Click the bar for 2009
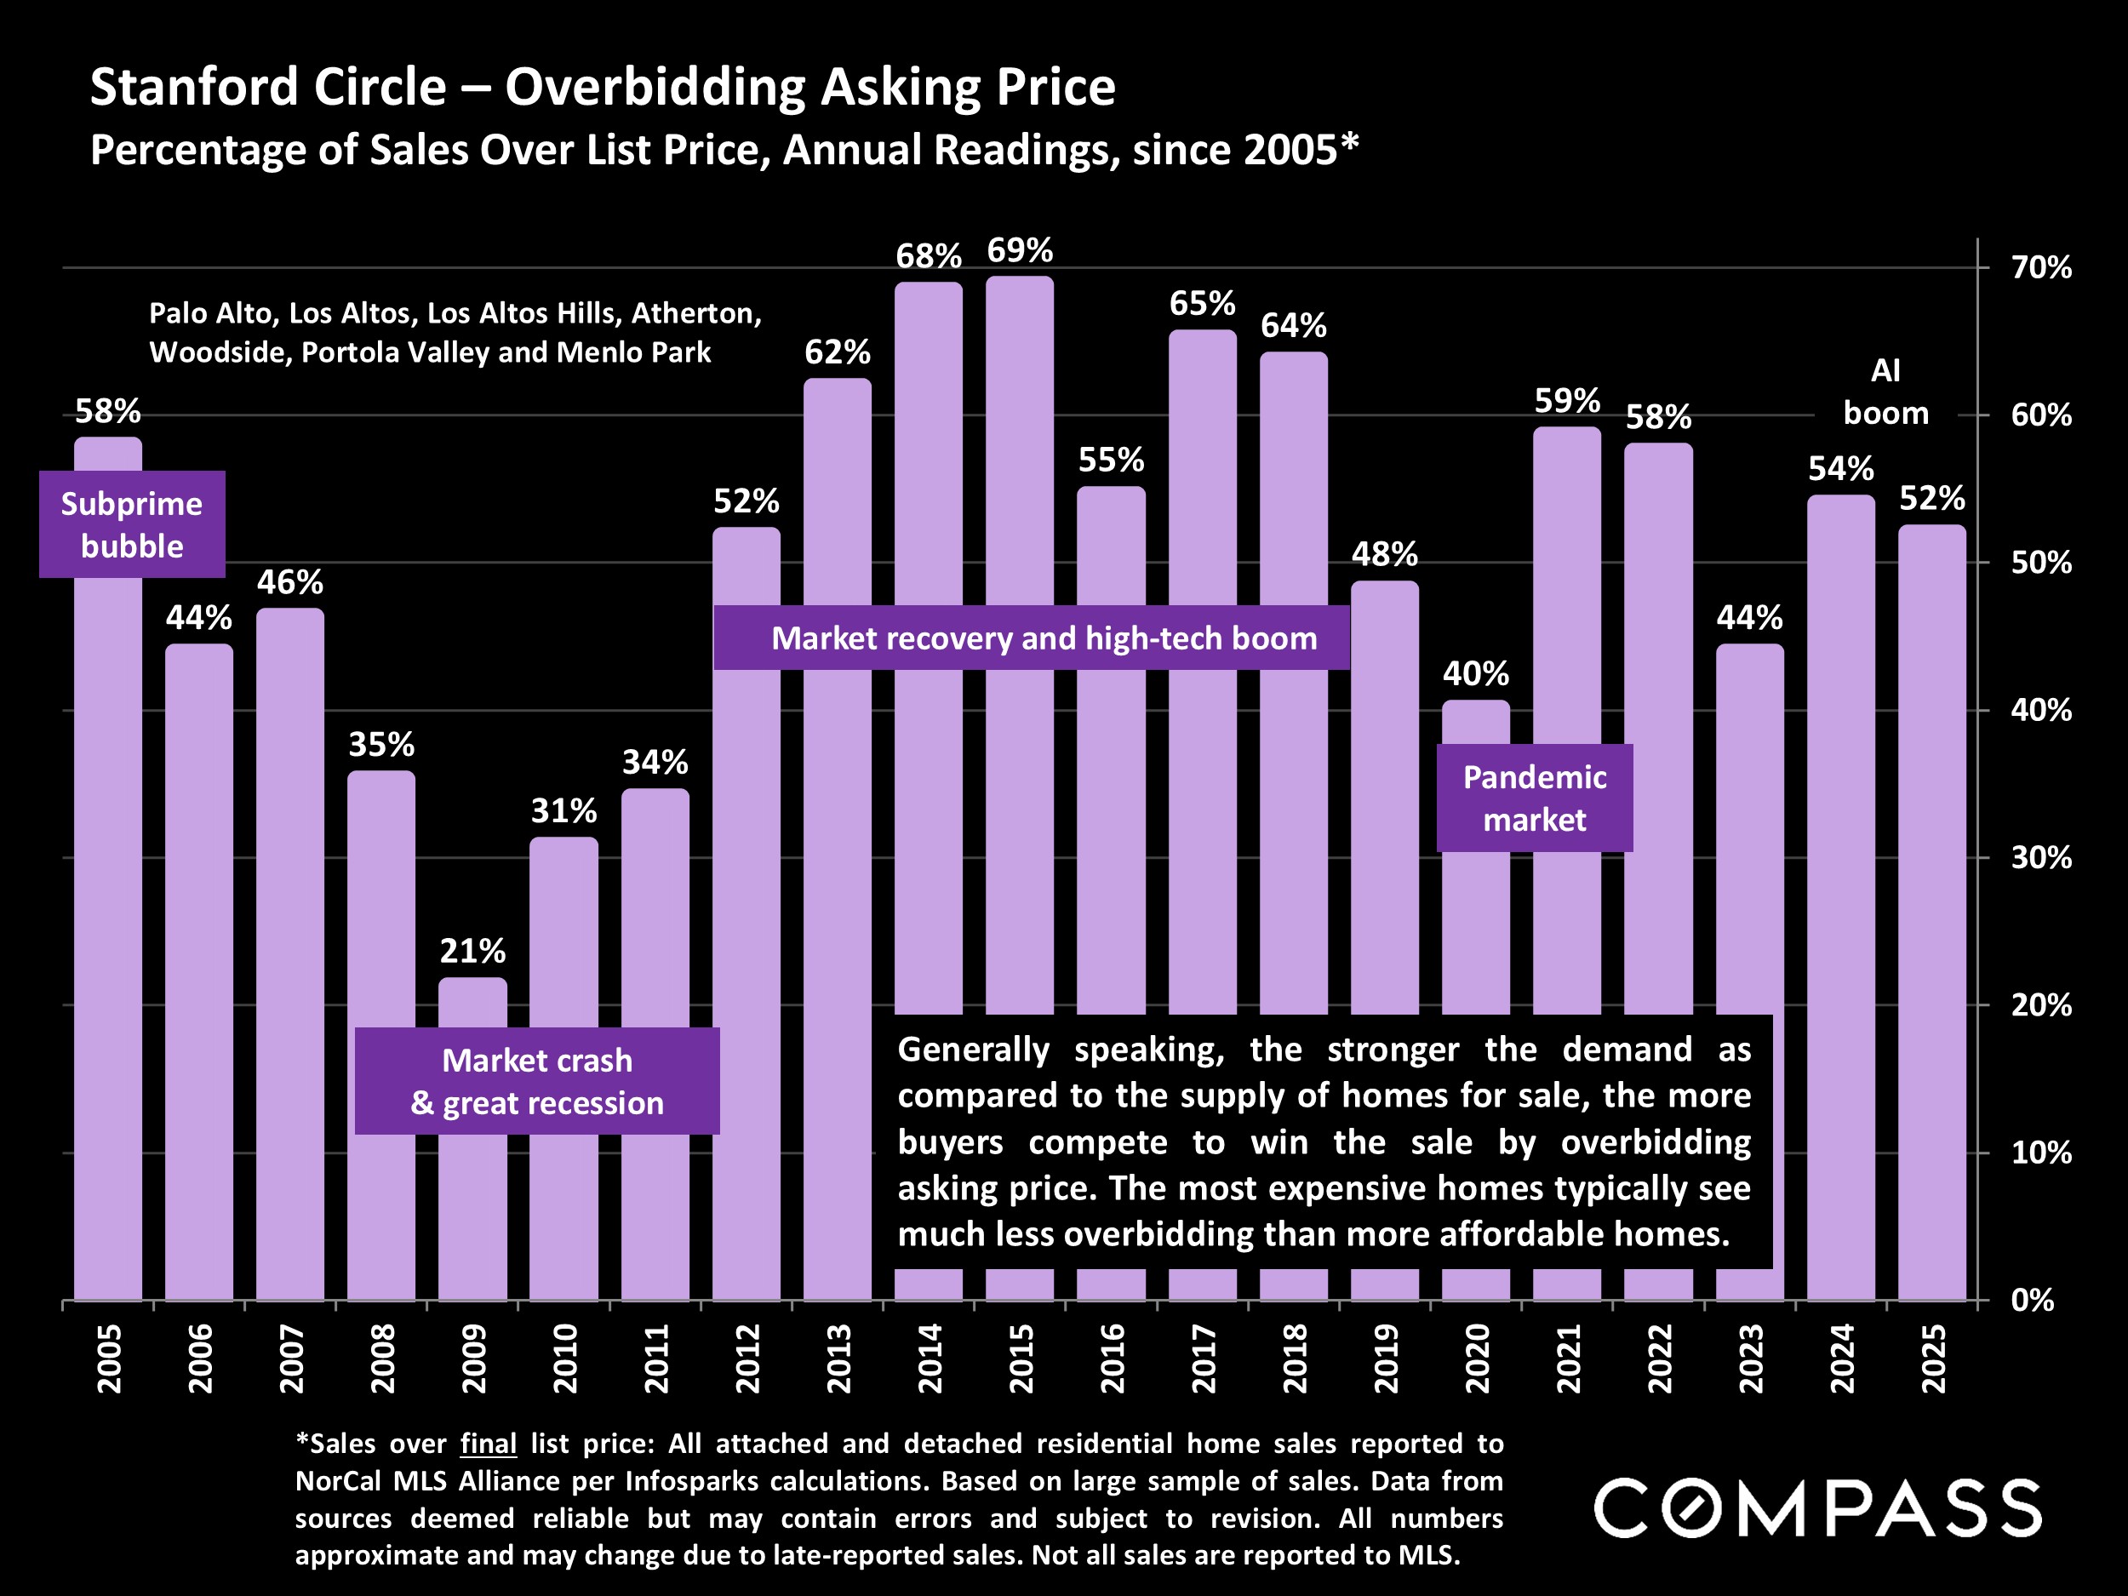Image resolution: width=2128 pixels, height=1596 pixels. pos(472,1203)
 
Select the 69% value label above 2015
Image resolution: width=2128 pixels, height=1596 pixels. pos(1020,251)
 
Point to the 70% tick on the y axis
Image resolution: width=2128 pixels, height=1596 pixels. pos(2040,267)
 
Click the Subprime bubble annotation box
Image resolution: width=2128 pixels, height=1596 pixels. pos(132,524)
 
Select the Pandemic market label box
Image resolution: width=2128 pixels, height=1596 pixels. pos(1535,798)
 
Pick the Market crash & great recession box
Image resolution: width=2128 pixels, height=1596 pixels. pos(537,1081)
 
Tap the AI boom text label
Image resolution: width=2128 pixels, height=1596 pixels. pos(1885,392)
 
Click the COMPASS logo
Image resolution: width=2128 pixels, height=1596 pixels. pos(1816,1508)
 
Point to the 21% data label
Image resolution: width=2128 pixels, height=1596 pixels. pos(472,952)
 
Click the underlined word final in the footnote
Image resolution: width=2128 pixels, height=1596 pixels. pos(488,1443)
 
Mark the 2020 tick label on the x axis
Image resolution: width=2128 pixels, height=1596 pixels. pos(1477,1359)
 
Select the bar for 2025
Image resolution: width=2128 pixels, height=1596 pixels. pos(1931,914)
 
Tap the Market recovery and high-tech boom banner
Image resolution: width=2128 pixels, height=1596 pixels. pos(1032,638)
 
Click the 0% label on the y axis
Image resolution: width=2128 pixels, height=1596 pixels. pos(2032,1300)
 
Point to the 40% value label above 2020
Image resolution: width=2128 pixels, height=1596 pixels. pos(1476,673)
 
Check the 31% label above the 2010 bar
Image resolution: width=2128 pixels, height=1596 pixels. pos(563,811)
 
